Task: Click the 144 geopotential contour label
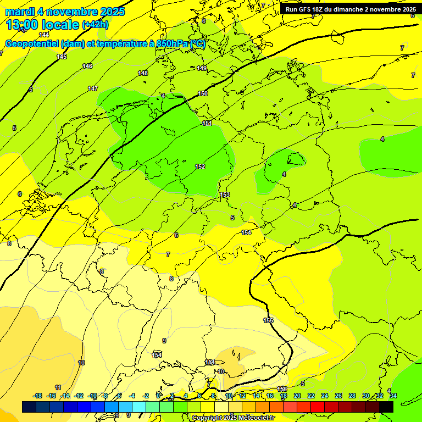point(44,35)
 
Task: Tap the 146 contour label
point(87,66)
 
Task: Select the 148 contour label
point(143,73)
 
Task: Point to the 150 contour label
point(203,93)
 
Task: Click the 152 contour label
point(200,166)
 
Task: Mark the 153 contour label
point(225,195)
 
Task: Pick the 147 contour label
point(93,88)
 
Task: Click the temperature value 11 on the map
point(58,387)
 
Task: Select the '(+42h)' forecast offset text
point(95,25)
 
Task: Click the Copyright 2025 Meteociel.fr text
point(234,418)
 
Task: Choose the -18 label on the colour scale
point(38,396)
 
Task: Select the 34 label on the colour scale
point(393,396)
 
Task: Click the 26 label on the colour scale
point(338,396)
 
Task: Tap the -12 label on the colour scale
point(79,396)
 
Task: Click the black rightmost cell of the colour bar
point(386,407)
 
